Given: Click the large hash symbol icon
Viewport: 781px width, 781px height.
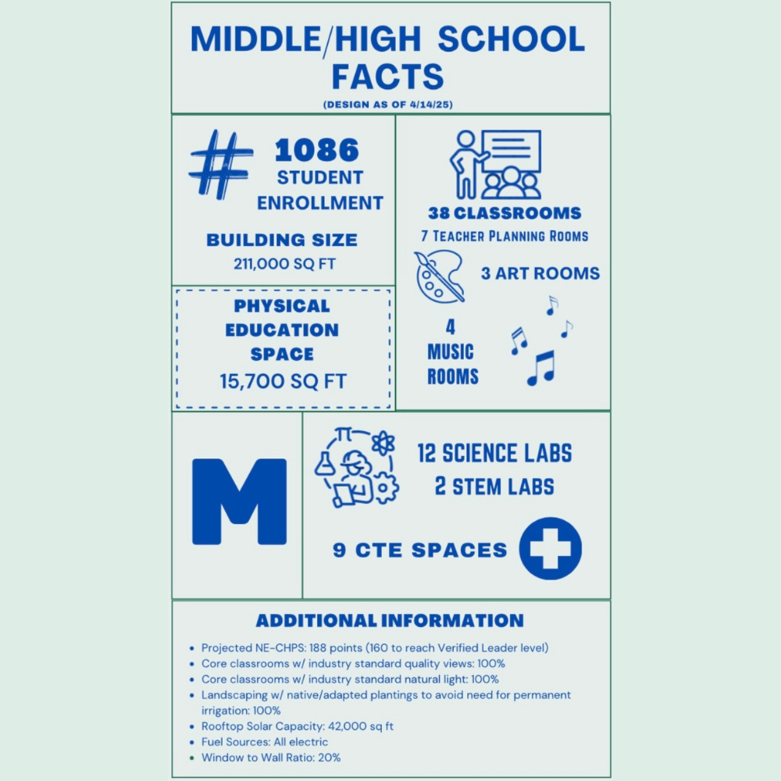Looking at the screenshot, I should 221,163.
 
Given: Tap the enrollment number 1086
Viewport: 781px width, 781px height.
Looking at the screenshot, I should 316,149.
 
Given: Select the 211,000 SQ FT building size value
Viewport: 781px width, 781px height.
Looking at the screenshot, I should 284,264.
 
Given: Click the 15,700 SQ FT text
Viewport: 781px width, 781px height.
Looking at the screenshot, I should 283,381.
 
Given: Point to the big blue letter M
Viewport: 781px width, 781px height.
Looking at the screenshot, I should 239,502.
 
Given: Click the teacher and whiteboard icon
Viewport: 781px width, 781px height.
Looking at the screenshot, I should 495,164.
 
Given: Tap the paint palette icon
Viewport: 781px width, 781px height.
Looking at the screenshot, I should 439,275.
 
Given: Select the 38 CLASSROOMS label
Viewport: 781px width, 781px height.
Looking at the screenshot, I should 505,213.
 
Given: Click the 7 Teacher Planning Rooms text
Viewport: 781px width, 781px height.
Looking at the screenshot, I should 505,236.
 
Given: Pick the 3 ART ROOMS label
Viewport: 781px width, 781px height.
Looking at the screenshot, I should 540,273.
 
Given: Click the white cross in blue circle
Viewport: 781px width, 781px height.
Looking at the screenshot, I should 550,548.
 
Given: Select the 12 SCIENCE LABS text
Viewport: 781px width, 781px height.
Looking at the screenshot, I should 494,453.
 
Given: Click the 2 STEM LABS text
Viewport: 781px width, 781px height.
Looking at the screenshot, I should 494,487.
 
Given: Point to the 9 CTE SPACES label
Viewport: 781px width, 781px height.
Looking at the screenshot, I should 420,550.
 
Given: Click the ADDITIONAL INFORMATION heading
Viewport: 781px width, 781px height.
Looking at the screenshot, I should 390,621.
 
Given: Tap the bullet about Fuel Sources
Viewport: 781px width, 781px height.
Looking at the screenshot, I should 265,742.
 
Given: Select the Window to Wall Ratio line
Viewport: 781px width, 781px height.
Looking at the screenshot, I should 270,758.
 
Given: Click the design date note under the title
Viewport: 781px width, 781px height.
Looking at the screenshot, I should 388,104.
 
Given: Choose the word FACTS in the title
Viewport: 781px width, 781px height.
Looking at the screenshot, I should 387,77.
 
